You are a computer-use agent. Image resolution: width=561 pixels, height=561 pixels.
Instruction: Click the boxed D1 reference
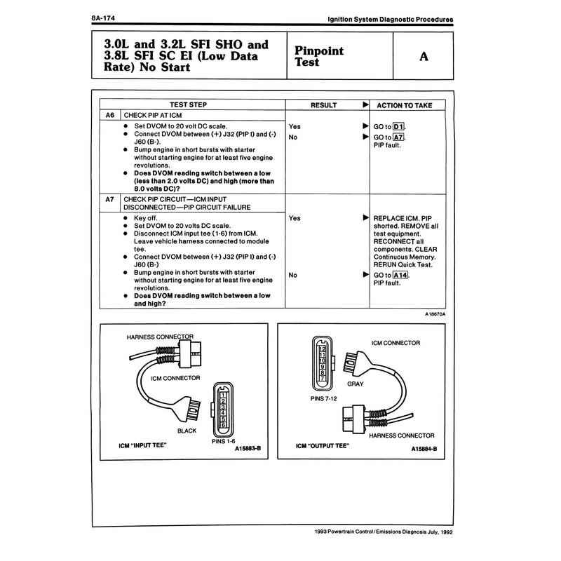point(400,126)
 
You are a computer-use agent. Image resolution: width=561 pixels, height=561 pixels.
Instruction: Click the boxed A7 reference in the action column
point(399,137)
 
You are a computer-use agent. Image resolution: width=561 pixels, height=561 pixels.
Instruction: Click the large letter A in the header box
point(423,56)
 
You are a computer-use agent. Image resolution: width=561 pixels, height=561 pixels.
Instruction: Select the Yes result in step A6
point(295,126)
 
